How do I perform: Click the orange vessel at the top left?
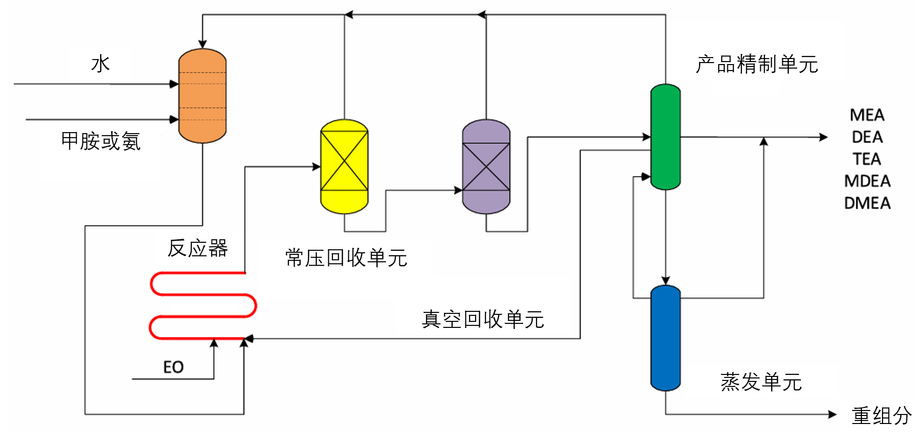[x=202, y=96]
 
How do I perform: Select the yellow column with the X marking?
[x=344, y=166]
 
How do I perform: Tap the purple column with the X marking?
[x=486, y=166]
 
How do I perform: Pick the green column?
[x=665, y=137]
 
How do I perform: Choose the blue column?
[x=665, y=338]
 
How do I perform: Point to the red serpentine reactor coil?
[x=203, y=305]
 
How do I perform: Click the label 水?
[x=101, y=64]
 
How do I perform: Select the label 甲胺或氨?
[x=101, y=141]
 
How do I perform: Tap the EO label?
[x=173, y=367]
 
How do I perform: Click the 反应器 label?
[x=198, y=248]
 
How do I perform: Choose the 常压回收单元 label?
[x=346, y=258]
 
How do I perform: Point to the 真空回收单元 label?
[x=483, y=319]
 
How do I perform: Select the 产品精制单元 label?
[x=757, y=64]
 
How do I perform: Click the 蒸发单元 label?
[x=761, y=382]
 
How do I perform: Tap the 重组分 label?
[x=882, y=415]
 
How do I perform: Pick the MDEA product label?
[x=867, y=181]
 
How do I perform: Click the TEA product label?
[x=867, y=159]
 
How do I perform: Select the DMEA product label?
[x=867, y=203]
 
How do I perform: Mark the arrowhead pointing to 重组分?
[x=832, y=414]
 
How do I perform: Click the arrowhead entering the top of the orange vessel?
[x=202, y=44]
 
